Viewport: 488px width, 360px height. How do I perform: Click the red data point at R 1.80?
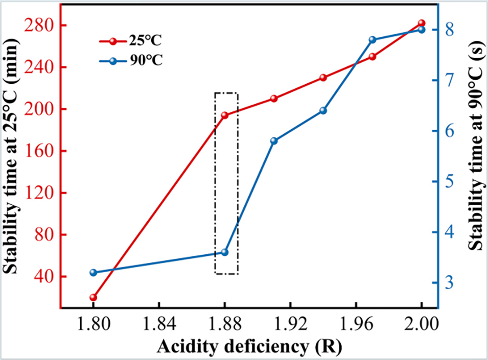click(93, 297)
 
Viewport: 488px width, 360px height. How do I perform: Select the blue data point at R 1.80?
click(93, 273)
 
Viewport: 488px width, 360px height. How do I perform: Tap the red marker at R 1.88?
click(224, 115)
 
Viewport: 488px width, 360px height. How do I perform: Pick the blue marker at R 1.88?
click(224, 252)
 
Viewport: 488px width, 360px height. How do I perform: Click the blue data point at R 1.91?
click(274, 141)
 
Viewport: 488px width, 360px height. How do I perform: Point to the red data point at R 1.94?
click(323, 78)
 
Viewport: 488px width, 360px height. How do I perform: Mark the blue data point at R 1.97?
click(372, 40)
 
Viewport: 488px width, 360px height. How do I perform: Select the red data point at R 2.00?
click(422, 23)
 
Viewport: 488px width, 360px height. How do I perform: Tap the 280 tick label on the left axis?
click(39, 25)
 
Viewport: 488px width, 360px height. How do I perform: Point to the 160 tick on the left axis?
click(39, 151)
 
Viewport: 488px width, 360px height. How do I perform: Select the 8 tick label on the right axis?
click(449, 30)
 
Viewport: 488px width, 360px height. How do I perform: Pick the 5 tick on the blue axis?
click(449, 182)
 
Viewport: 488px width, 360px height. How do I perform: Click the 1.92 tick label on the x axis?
click(290, 324)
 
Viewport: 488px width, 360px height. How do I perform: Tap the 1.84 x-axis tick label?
click(159, 324)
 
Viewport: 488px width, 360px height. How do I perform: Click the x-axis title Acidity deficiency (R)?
click(249, 346)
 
